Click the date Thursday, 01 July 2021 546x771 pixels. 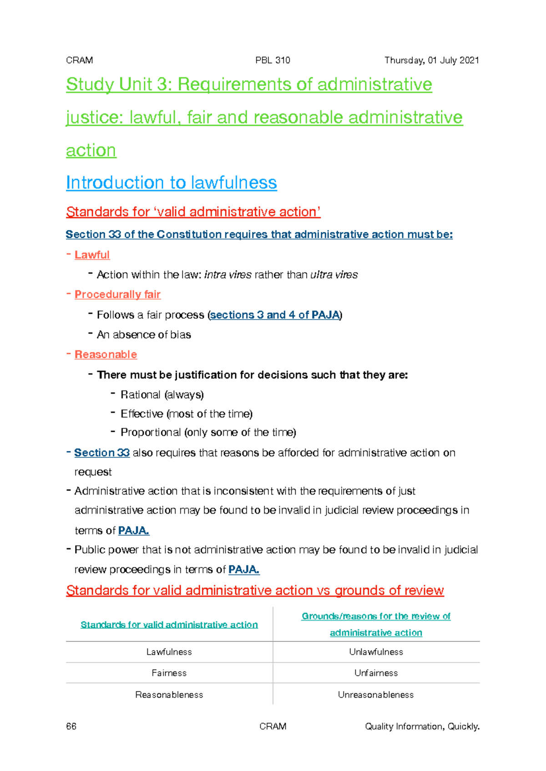431,60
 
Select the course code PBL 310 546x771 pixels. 273,60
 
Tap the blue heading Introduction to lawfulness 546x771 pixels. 171,183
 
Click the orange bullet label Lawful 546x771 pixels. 92,255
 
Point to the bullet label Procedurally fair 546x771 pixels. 117,295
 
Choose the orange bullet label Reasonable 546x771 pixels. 106,355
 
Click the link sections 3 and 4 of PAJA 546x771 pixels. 275,315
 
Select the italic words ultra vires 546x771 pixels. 334,275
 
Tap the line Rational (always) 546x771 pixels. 162,395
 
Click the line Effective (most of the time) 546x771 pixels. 187,414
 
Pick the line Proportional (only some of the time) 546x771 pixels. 208,432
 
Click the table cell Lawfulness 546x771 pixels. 169,652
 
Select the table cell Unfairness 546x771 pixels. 376,673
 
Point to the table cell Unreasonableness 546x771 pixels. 376,695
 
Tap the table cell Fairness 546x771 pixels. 169,673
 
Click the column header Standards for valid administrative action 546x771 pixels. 169,625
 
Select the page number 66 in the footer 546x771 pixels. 71,726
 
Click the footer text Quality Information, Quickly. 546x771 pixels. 422,726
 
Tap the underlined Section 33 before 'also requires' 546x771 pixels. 102,453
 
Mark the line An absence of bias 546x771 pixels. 144,335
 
